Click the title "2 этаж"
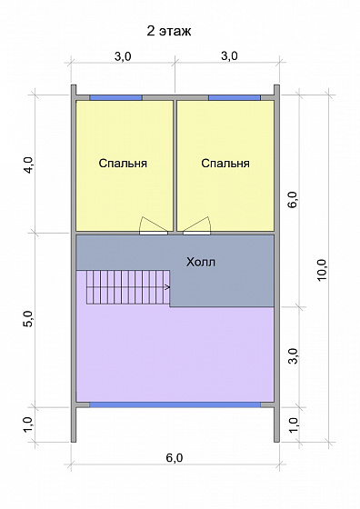pos(168,32)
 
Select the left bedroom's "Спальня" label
pos(123,164)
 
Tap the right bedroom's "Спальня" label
pos(225,164)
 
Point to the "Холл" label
pos(201,262)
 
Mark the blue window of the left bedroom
pos(115,96)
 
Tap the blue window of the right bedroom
pos(235,96)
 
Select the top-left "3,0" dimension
pos(123,56)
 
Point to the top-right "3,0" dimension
pos(228,56)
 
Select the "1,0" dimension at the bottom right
pos(292,424)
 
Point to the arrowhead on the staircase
pos(168,287)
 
